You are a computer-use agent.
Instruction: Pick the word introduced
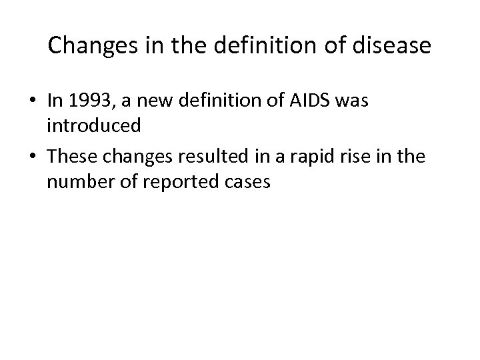tap(93, 125)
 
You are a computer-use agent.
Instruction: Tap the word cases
tap(246, 182)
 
